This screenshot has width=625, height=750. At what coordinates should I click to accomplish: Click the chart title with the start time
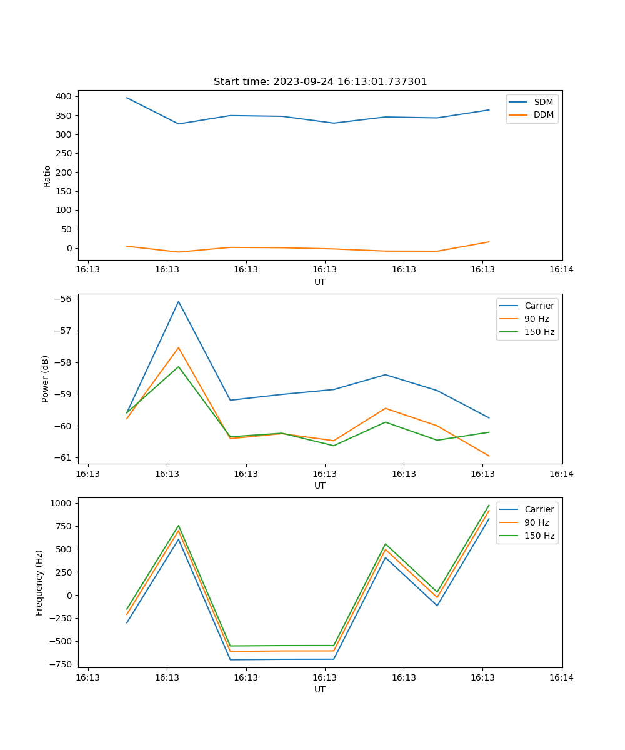(x=320, y=82)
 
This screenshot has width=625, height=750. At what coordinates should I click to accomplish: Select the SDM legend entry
(x=543, y=102)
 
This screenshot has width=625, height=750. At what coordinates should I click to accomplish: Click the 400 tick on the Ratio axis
(x=64, y=96)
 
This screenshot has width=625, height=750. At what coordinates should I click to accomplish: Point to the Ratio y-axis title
(x=47, y=176)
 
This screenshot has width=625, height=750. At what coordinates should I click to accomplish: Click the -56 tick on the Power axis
(x=64, y=299)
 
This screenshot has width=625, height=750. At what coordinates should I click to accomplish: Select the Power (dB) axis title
(x=46, y=379)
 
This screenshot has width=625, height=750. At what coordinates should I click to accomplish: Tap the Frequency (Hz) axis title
(x=39, y=582)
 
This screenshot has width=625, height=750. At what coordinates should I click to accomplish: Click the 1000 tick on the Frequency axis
(x=62, y=503)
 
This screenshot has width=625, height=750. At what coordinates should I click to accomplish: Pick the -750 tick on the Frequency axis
(x=61, y=664)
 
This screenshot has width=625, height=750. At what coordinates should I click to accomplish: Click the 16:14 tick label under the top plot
(x=561, y=270)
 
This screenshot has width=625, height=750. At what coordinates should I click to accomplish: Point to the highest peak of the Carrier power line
(x=178, y=302)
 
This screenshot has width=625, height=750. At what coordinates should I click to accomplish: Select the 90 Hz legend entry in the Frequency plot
(x=536, y=522)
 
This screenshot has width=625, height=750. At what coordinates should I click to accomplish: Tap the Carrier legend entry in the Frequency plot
(x=539, y=509)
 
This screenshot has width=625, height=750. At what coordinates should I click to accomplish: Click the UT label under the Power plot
(x=320, y=486)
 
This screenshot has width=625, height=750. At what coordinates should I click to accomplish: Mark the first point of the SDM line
(x=127, y=97)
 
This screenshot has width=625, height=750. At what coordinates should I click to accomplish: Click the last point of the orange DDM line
(x=489, y=242)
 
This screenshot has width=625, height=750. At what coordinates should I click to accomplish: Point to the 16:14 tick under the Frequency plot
(x=561, y=677)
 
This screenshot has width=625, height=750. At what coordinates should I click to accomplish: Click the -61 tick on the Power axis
(x=64, y=457)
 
